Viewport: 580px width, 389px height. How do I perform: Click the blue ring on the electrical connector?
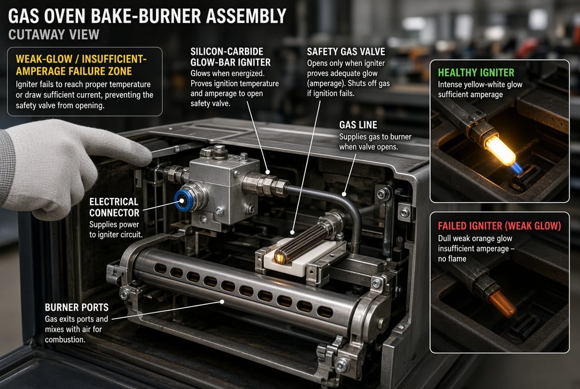point(182,200)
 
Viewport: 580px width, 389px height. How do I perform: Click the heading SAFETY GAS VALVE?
point(346,52)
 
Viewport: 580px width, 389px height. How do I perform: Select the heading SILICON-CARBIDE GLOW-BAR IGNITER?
point(230,57)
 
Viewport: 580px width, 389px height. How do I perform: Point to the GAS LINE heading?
point(358,125)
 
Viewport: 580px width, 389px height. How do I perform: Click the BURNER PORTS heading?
point(76,307)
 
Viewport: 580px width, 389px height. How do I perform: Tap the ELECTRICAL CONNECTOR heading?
point(114,207)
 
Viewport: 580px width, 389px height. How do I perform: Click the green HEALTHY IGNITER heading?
point(476,72)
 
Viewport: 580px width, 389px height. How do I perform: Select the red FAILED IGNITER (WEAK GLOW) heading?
point(500,226)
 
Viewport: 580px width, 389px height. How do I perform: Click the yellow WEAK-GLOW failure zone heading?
point(81,65)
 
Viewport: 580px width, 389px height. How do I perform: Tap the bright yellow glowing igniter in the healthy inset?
point(500,150)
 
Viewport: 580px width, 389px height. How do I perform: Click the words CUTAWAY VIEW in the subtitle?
point(54,35)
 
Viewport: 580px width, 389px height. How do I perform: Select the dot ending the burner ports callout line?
point(222,302)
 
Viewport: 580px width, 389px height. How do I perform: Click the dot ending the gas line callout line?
point(344,194)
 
